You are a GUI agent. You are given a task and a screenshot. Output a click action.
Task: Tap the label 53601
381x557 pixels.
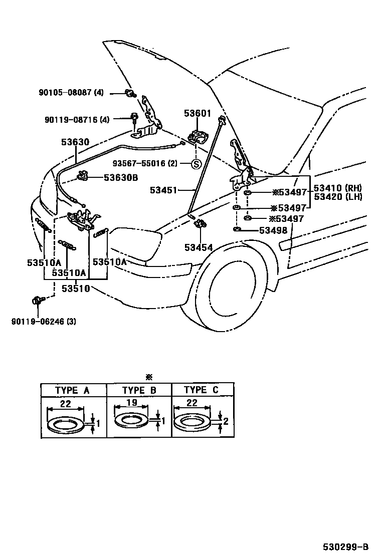coord(197,114)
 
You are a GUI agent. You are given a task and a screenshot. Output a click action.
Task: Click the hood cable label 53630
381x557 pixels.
coord(75,142)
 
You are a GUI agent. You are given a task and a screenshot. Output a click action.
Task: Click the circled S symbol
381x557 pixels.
coord(197,164)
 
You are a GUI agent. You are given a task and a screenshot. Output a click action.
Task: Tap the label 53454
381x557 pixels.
coord(198,247)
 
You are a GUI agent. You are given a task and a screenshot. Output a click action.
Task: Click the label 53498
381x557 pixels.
coord(273,230)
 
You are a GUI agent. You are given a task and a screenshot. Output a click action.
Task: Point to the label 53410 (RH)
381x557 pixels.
coord(337,188)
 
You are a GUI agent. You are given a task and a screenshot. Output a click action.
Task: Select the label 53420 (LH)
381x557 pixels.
coord(337,197)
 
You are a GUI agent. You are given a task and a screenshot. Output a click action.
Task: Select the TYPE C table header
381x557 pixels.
coord(202,390)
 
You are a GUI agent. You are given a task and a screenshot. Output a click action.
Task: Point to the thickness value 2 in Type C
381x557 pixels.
coord(226,421)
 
